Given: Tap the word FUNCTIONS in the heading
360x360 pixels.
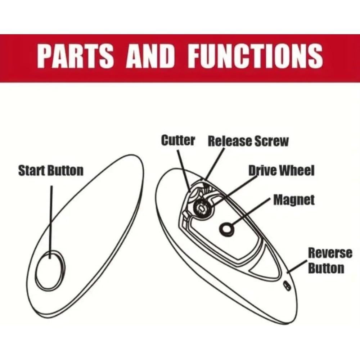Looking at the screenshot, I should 255,57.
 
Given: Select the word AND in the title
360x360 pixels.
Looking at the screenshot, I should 151,57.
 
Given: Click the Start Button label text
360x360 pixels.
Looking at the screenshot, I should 51,171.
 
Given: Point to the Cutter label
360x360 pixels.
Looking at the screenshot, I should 178,140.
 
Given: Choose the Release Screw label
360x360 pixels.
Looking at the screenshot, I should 248,141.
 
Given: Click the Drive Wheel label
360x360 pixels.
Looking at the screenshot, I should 282,170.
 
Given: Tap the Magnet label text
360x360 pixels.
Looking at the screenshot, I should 294,200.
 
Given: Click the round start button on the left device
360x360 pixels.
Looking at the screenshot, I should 51,270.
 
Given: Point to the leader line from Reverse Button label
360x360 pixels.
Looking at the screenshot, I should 298,267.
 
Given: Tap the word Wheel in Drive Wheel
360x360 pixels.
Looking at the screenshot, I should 297,170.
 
